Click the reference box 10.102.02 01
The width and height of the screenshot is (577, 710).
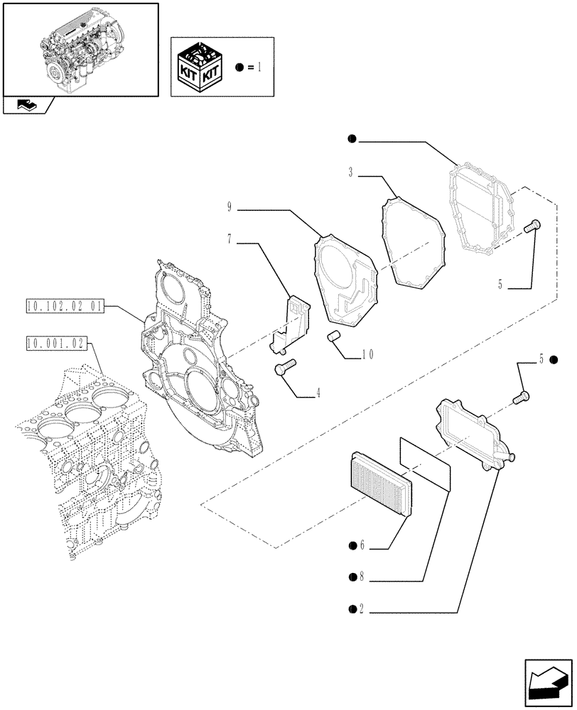click(65, 307)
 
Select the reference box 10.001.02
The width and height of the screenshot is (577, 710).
click(55, 344)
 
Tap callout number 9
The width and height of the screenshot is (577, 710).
click(230, 208)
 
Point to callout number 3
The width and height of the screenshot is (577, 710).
click(351, 172)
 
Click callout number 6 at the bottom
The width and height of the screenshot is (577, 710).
click(361, 545)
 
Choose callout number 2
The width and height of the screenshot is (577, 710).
click(361, 608)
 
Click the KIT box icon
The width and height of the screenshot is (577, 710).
click(201, 68)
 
